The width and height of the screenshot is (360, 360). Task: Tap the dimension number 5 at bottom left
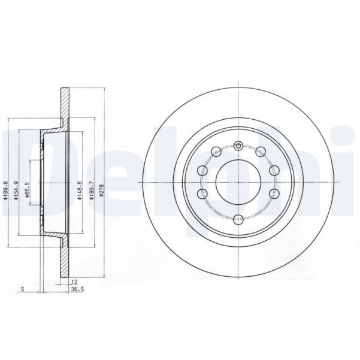[x=22, y=289]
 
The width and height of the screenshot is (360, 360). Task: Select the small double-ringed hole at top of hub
[x=238, y=146]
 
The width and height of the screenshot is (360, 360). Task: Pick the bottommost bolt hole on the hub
[x=238, y=219]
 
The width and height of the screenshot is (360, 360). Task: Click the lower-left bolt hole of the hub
[x=202, y=193]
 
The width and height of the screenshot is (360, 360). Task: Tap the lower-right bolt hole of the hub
[x=274, y=193]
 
